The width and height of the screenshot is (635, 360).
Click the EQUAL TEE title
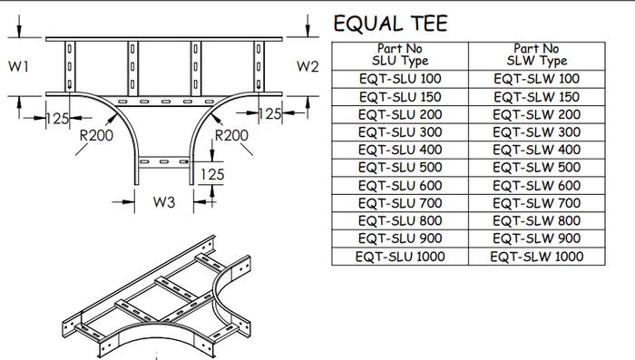click(390, 24)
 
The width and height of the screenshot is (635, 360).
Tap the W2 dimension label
click(308, 66)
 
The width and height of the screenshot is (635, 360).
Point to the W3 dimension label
click(163, 202)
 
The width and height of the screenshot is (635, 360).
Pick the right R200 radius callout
click(231, 135)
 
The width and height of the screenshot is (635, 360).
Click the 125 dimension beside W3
click(212, 173)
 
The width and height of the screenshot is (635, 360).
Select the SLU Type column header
click(400, 54)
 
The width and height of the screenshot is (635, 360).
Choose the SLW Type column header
click(536, 54)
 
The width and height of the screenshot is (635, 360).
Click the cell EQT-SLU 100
click(400, 79)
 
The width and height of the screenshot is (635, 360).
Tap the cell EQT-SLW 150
click(536, 97)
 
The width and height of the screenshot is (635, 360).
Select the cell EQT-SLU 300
click(400, 132)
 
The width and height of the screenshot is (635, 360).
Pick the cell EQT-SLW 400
click(536, 150)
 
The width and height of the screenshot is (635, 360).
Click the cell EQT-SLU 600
click(400, 185)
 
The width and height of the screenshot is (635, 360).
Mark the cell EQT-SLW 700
click(536, 203)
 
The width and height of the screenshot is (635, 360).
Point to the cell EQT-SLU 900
click(400, 238)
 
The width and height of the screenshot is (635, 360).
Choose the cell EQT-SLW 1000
click(536, 257)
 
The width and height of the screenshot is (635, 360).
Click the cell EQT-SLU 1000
click(400, 257)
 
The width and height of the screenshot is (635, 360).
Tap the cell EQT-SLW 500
click(536, 168)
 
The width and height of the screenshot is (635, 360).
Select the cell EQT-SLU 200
click(400, 114)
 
